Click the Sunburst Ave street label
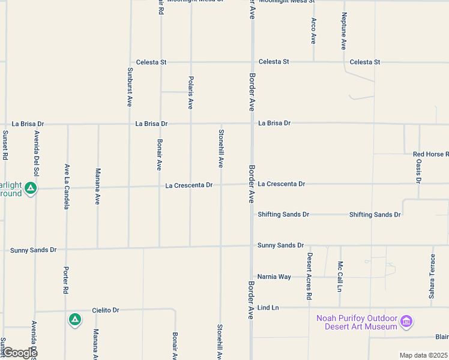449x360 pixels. coord(129,87)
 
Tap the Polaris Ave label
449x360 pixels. coord(190,92)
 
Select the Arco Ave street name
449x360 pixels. coord(313,31)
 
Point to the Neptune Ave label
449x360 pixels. coord(344,31)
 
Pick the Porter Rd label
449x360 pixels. coord(66,280)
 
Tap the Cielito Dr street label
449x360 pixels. coord(106,310)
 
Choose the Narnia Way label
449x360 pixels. coord(274,277)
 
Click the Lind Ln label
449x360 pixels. coord(268,308)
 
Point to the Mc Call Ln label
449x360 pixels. coord(340,275)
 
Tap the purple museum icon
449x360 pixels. coord(406,322)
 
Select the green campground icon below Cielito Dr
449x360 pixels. coord(74,320)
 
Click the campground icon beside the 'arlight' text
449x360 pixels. coord(31,189)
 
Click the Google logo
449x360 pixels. coord(19,353)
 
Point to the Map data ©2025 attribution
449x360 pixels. coord(423,355)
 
